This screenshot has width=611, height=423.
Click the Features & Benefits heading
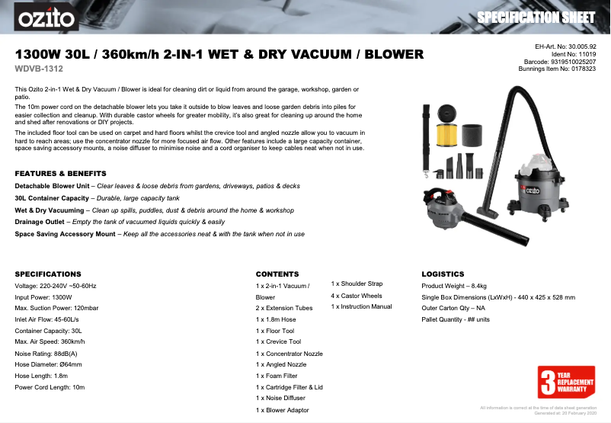[x=60, y=173]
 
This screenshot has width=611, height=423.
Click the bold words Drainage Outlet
[x=40, y=221]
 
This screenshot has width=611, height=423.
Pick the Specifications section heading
[x=48, y=273]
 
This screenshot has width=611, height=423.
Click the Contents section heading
[x=277, y=273]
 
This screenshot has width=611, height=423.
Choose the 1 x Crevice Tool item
[x=279, y=342]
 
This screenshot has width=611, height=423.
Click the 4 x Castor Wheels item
[x=357, y=296]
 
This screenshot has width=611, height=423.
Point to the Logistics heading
[x=443, y=273]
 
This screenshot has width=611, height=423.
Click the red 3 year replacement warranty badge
[x=565, y=382]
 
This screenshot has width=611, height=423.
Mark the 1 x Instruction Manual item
[x=361, y=307]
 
